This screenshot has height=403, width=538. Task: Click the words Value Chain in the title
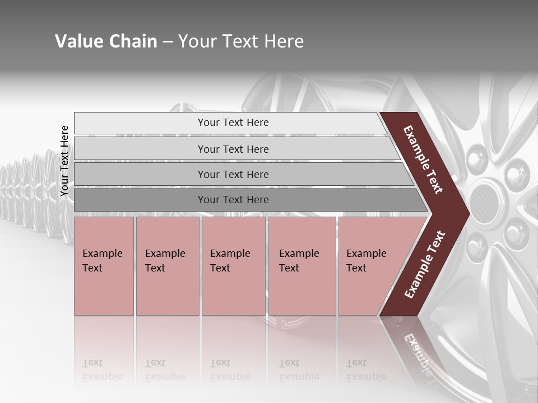[x=106, y=41]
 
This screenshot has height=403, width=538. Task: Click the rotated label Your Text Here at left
[x=64, y=161]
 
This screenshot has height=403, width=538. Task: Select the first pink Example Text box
[x=104, y=266]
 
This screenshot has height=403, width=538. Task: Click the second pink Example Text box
[x=168, y=266]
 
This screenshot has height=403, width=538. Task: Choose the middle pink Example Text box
[x=233, y=266]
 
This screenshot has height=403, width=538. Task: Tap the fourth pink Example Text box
[x=302, y=266]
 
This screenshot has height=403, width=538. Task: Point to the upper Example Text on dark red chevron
[x=423, y=160]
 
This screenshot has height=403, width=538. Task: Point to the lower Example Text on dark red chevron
[x=425, y=264]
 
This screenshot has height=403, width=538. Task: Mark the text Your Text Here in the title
[x=241, y=41]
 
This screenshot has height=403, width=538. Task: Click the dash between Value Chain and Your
[x=168, y=42]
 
